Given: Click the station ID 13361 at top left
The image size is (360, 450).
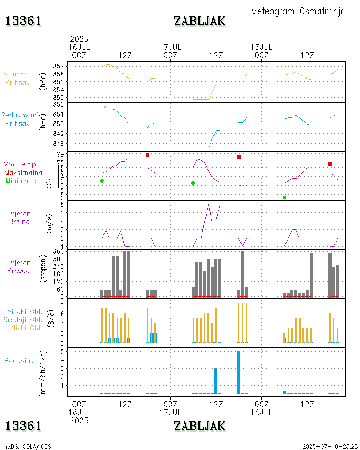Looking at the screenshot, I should click(24, 21).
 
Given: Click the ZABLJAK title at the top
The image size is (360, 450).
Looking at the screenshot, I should click(199, 21).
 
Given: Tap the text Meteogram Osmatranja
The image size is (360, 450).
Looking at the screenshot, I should click(298, 11).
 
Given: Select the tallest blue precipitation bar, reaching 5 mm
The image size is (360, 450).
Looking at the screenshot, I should click(238, 372).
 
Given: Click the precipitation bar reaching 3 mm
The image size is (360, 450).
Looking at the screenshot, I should click(216, 381).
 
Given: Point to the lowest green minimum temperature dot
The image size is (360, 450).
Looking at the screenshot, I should click(284, 198).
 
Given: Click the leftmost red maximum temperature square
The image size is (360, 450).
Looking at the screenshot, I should click(147, 155).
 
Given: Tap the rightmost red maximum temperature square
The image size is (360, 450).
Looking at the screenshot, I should click(330, 164).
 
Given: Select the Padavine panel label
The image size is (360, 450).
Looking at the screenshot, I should click(19, 360).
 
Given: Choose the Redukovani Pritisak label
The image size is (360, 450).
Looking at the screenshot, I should click(19, 119).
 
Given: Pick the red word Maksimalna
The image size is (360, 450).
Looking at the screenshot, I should click(23, 172).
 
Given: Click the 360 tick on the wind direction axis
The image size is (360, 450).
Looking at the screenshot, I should click(59, 251).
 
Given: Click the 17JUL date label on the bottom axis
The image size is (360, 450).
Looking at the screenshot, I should click(170, 412).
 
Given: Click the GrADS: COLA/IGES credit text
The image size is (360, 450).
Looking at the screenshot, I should click(27, 446).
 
